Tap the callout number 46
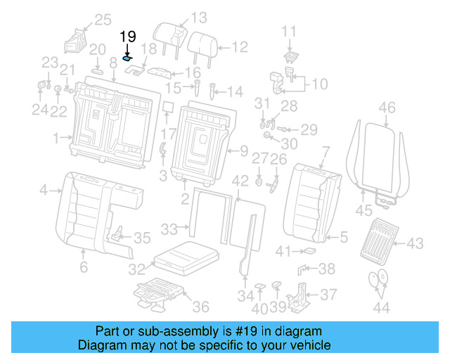pos(387,108)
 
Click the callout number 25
pos(103,19)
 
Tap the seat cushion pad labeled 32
pos(184,257)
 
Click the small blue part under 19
pos(128,60)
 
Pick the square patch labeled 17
pos(168,107)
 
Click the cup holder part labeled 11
pos(290,56)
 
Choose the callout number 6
pos(84,267)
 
